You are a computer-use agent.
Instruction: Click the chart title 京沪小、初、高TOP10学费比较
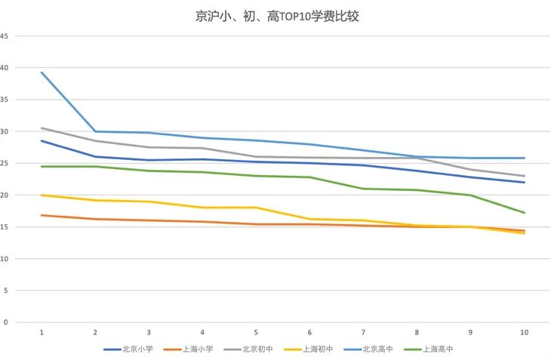(x=275, y=15)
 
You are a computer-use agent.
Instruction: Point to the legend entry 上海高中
(x=437, y=349)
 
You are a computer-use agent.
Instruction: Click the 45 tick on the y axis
(x=5, y=36)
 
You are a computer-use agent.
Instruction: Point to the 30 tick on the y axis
(x=5, y=131)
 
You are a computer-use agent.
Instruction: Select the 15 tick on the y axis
(x=5, y=227)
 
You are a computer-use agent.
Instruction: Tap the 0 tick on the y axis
(x=6, y=322)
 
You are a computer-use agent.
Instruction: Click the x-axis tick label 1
(x=42, y=332)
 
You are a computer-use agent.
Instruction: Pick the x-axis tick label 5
(x=256, y=332)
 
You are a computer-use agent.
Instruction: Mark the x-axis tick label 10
(x=524, y=332)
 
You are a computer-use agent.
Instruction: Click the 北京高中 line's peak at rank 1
(x=42, y=72)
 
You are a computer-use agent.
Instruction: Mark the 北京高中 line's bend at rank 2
(x=95, y=131)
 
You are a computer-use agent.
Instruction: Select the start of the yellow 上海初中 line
(x=42, y=195)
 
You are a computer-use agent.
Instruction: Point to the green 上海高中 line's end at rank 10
(x=524, y=212)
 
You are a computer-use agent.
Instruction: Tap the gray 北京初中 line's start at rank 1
(x=42, y=128)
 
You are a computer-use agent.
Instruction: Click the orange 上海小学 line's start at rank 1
(x=42, y=215)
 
